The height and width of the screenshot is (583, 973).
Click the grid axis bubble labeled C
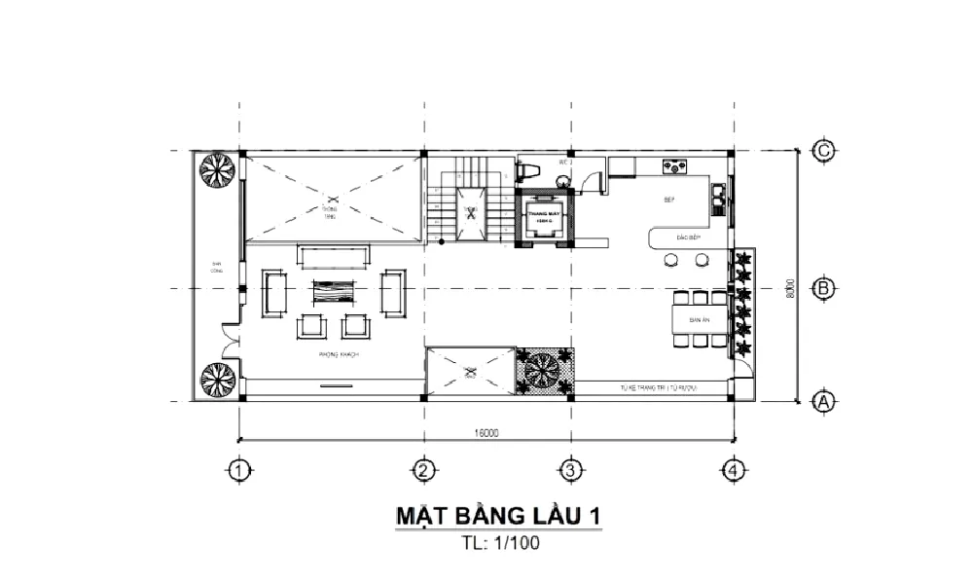(823, 151)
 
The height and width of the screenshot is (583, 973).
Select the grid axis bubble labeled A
(823, 400)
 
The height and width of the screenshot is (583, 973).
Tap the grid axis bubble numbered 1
(239, 470)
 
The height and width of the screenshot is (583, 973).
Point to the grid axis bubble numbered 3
(570, 470)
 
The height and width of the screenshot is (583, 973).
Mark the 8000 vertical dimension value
(792, 289)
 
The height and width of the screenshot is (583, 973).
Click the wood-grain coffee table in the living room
(335, 293)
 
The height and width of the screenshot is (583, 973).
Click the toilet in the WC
(529, 170)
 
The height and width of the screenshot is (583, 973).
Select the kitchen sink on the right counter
(719, 198)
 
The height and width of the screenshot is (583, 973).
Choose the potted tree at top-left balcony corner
(218, 171)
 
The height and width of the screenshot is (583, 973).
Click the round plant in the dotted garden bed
(542, 371)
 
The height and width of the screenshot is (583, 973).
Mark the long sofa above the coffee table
(335, 257)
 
